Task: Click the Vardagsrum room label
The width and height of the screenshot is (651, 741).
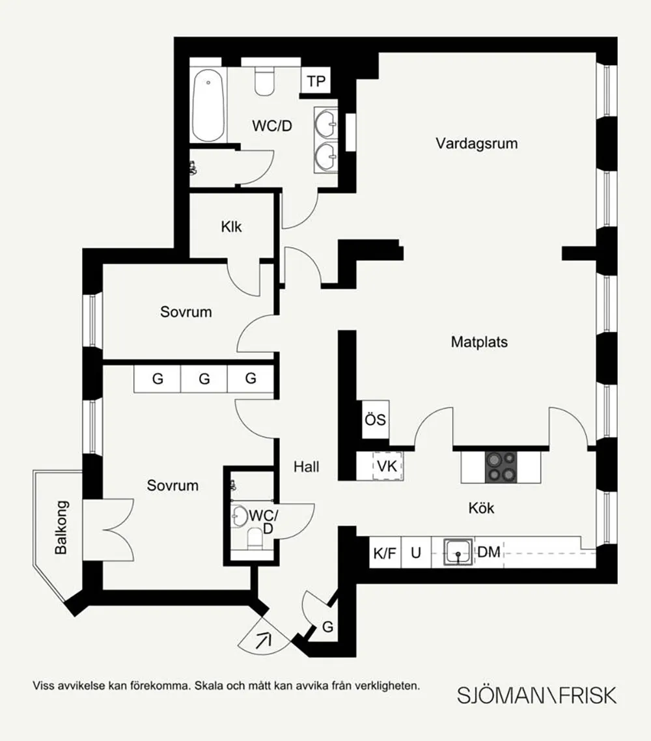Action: (477, 143)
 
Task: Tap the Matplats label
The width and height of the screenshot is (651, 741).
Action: (479, 342)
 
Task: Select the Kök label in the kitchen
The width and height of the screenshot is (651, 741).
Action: (481, 508)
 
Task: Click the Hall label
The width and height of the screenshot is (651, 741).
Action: (306, 467)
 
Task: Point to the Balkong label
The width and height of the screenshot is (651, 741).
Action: (61, 527)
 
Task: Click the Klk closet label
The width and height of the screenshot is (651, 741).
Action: (231, 227)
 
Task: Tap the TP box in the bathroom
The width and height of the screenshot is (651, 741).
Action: (316, 81)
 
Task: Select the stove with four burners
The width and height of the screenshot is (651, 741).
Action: (501, 467)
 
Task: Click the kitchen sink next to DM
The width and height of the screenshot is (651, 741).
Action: (458, 552)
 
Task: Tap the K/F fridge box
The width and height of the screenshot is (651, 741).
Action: (385, 552)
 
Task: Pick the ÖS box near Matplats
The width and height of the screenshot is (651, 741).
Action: (375, 419)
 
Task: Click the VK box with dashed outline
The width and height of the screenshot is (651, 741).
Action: (387, 466)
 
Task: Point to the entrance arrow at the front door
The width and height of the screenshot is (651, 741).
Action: (264, 641)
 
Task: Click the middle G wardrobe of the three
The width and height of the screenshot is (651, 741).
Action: (204, 378)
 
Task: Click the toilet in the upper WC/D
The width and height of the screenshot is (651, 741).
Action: (264, 81)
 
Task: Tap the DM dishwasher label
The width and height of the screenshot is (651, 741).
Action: (488, 552)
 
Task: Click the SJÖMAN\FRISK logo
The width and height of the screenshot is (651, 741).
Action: (536, 695)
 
